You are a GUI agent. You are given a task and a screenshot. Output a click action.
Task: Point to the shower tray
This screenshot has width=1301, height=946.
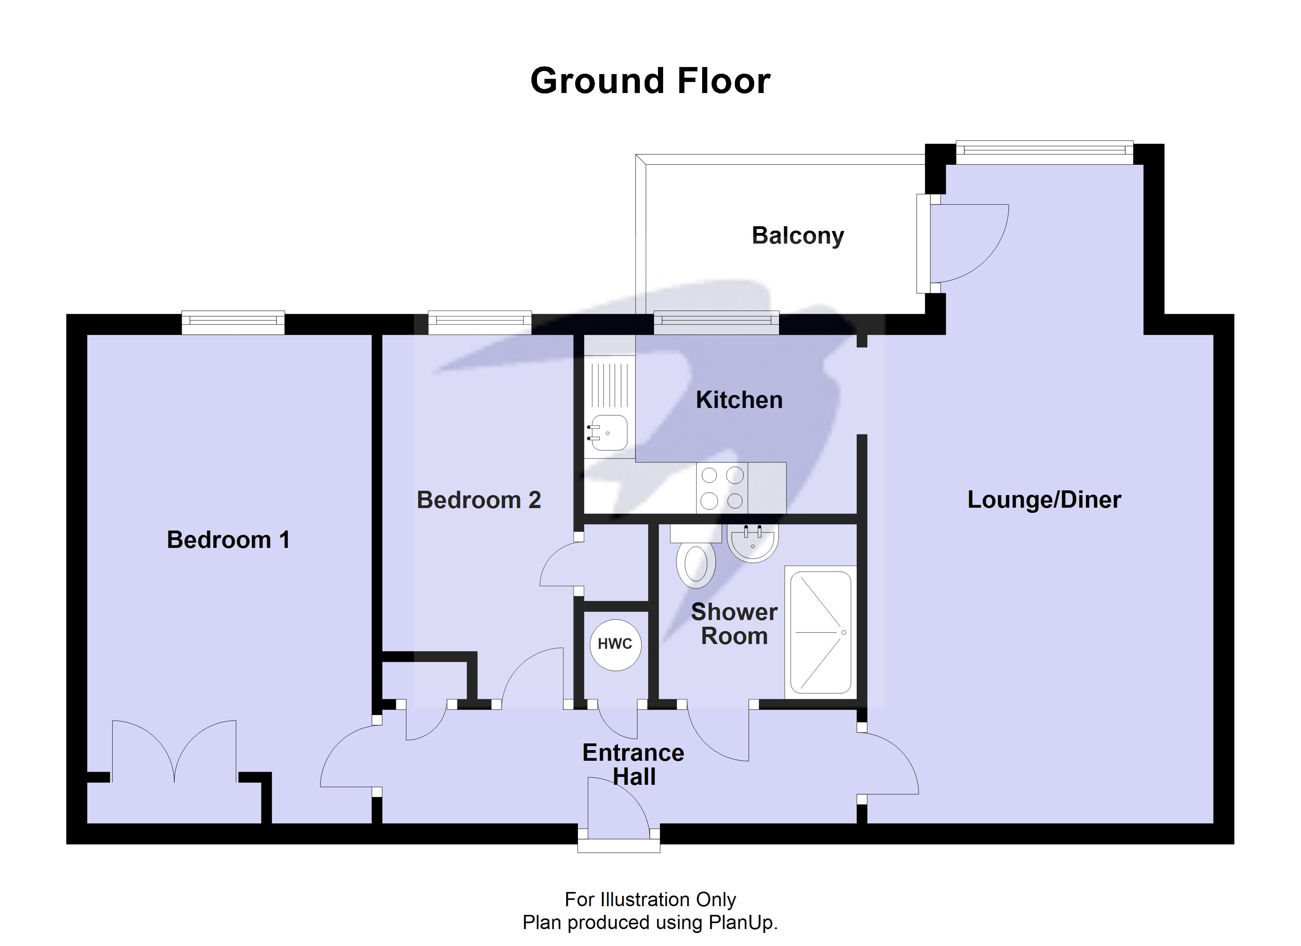(x=820, y=632)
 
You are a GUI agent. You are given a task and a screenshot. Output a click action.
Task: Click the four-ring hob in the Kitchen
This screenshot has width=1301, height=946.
(x=722, y=488)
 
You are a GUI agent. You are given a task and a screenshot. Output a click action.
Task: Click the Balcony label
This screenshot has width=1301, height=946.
(x=797, y=236)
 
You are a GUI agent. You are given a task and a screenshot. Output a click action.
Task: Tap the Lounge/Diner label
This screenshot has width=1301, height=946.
(x=1044, y=500)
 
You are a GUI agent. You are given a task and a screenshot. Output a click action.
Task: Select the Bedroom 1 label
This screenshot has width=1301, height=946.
(x=228, y=540)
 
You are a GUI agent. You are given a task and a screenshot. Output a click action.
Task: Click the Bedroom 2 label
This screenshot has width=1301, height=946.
(x=478, y=500)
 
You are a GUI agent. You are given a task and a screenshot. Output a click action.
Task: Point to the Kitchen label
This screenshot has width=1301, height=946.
(x=739, y=400)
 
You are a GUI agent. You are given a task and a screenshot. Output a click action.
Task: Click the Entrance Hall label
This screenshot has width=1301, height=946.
(x=633, y=765)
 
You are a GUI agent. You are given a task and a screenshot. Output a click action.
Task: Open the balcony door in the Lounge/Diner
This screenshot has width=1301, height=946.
(x=964, y=244)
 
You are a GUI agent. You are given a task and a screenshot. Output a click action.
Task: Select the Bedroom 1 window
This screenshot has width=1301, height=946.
(x=233, y=322)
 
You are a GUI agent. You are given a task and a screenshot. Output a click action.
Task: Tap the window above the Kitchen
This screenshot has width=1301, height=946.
(x=716, y=322)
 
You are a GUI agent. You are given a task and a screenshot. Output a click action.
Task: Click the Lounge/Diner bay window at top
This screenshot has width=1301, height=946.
(x=1044, y=150)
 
